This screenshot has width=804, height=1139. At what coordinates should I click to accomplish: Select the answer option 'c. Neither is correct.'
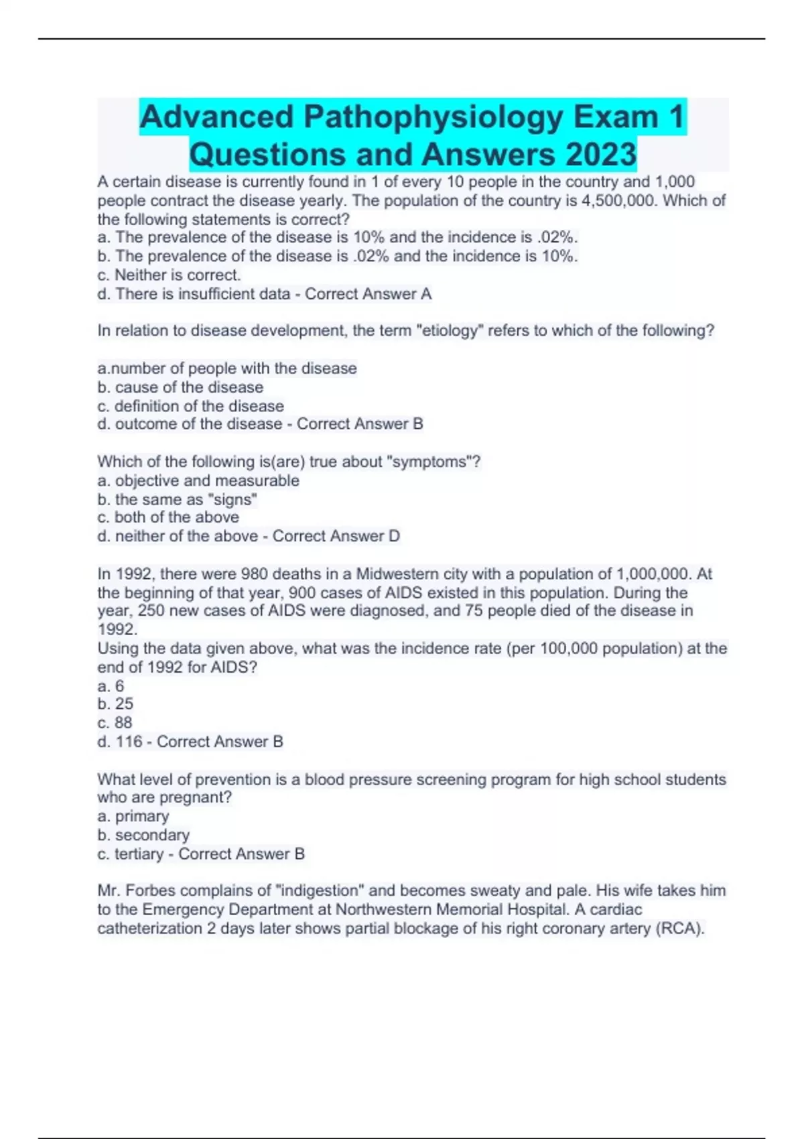[169, 275]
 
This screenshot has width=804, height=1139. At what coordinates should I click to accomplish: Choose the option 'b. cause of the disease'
[180, 387]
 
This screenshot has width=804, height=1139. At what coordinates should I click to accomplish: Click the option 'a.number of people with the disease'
[227, 368]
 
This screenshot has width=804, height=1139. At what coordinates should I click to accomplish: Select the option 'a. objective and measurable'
[198, 480]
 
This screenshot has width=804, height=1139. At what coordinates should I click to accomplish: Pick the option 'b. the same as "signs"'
[178, 499]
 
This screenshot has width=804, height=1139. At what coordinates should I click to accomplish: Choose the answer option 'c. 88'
[115, 723]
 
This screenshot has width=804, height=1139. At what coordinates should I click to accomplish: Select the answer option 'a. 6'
[111, 686]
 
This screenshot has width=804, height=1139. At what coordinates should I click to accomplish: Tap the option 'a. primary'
[133, 816]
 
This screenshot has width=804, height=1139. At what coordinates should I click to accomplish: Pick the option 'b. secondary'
[143, 835]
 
